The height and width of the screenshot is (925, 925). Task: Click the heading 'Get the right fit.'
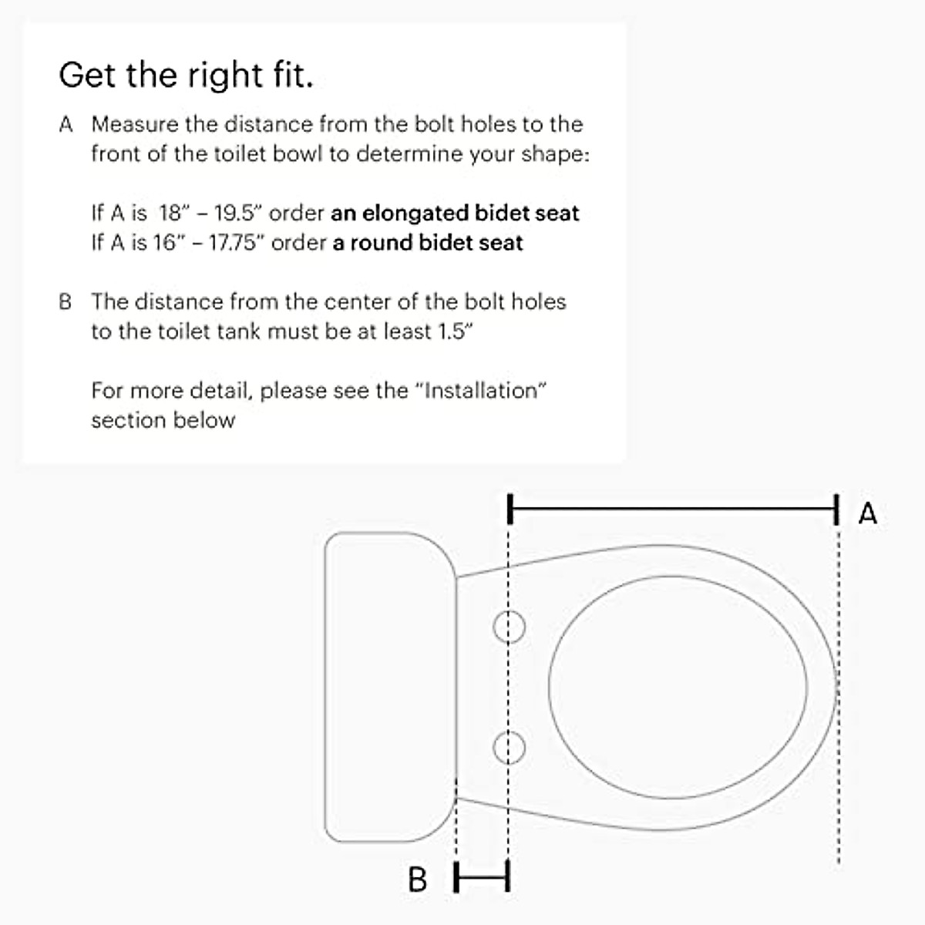186,76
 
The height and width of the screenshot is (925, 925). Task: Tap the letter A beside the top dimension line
867,513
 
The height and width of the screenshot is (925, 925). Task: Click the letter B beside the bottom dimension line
417,879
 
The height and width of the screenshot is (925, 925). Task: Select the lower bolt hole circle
509,747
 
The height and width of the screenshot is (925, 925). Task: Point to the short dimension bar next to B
482,876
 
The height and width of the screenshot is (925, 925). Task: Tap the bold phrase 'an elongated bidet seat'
455,213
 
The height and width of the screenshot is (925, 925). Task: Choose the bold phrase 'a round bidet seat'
428,243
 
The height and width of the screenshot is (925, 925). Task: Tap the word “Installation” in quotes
481,390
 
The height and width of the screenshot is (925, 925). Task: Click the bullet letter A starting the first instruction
66,125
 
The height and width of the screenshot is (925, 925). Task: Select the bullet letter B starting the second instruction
66,301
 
